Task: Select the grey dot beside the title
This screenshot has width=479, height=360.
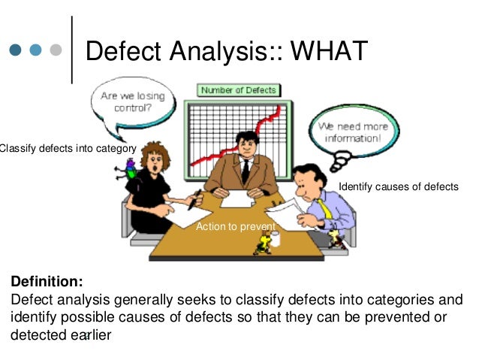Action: [55, 51]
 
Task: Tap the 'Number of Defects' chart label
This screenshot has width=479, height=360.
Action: [238, 90]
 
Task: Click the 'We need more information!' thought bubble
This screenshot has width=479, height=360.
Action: [352, 133]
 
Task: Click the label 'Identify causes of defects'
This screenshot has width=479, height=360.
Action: [398, 186]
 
